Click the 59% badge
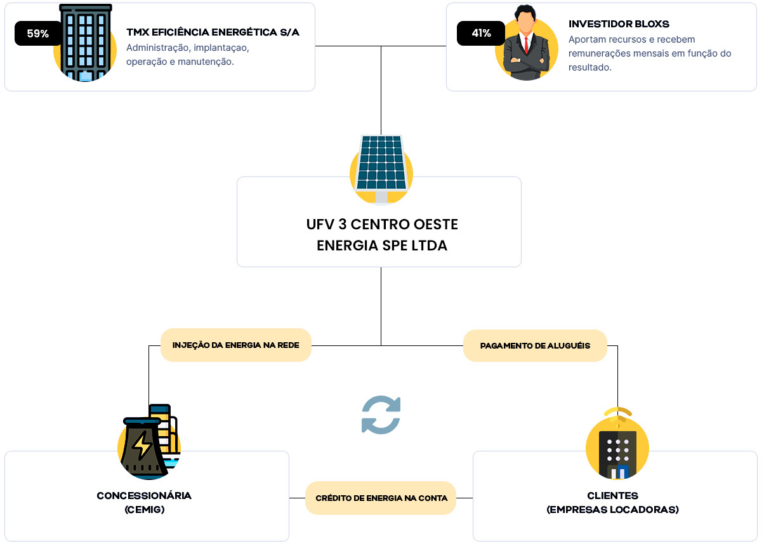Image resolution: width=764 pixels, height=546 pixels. click(x=38, y=33)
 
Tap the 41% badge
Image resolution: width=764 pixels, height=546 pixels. click(x=481, y=33)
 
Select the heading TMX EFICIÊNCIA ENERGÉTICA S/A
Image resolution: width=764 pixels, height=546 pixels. click(x=213, y=32)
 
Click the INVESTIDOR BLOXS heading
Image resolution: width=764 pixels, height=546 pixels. click(x=619, y=24)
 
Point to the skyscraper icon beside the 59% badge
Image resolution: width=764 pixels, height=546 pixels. click(x=85, y=43)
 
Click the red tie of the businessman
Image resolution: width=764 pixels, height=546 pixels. click(x=526, y=44)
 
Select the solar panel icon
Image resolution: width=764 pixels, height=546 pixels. click(x=381, y=170)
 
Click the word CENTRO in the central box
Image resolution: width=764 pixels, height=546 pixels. click(x=380, y=224)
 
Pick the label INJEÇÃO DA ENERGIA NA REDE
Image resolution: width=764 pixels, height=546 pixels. click(x=235, y=345)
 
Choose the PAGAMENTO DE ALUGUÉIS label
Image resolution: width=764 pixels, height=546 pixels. click(x=535, y=345)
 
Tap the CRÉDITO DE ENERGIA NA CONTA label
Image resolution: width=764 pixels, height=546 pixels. click(x=381, y=498)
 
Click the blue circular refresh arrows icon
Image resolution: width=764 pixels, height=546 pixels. click(x=381, y=415)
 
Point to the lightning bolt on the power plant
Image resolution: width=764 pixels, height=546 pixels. click(x=142, y=444)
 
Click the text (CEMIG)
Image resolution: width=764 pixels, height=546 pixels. click(x=145, y=509)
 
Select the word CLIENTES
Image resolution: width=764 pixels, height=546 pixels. click(x=612, y=495)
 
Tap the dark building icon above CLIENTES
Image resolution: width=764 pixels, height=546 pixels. click(x=617, y=454)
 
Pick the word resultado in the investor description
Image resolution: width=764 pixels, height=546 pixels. click(x=589, y=67)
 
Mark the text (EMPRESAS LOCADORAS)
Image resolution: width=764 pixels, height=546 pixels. click(x=612, y=509)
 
